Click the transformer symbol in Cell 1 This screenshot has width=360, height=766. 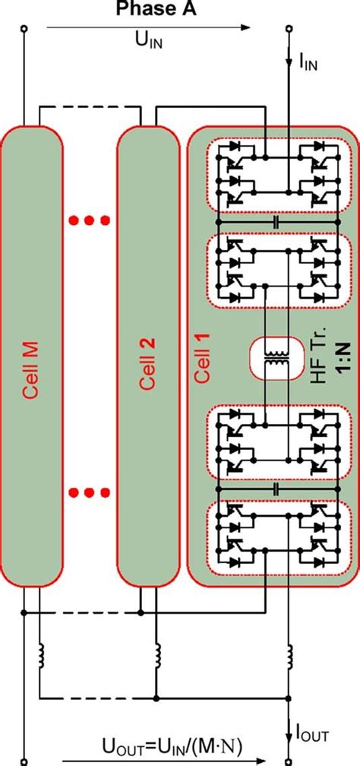pos(271,357)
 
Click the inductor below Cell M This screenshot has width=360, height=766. pos(41,654)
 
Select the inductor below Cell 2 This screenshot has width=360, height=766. pos(157,654)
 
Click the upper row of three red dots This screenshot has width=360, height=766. pos(90,221)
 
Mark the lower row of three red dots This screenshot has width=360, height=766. pos(90,492)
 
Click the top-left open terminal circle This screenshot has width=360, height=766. pos(24,28)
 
